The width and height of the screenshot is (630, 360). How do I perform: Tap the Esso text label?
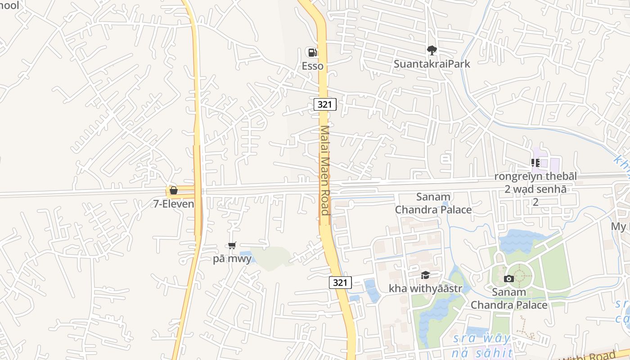312,66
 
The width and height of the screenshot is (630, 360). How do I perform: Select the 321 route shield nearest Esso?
325,105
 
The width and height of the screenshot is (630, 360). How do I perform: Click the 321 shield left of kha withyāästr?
340,283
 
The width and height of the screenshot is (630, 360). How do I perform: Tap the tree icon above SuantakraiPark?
432,50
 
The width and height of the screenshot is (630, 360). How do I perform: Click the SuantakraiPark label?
432,64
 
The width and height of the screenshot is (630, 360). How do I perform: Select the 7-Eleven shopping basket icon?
173,191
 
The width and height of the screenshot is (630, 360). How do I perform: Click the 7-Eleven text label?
174,204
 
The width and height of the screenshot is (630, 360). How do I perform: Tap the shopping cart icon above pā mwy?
232,246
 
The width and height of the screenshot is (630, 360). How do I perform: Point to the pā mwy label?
232,259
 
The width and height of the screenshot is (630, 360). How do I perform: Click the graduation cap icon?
425,275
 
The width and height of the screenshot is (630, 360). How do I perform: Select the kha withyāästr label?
425,288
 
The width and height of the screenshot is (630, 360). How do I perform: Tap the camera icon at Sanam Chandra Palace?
509,279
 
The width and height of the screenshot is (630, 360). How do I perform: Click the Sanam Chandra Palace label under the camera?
509,298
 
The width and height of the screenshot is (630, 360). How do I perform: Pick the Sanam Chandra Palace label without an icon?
433,203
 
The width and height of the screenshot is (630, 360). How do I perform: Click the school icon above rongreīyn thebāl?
535,163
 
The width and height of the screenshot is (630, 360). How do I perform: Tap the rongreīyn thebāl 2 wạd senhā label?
535,189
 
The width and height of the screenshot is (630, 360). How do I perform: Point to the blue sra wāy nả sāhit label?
482,345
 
